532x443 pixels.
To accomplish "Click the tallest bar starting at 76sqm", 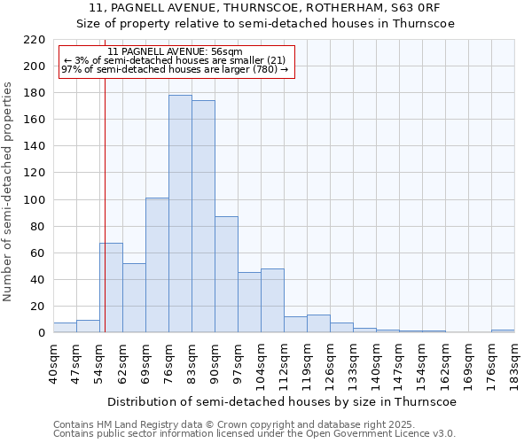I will (x=180, y=214).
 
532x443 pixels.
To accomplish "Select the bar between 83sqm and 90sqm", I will (x=203, y=216).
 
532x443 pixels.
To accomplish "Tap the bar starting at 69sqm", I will (x=157, y=265).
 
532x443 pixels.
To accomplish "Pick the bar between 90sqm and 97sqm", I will (x=226, y=275).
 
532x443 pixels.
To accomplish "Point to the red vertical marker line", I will (x=105, y=204).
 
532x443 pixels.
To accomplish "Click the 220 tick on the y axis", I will (x=35, y=40).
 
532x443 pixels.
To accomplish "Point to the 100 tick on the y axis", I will (x=35, y=200).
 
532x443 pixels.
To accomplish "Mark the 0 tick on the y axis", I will (x=42, y=333).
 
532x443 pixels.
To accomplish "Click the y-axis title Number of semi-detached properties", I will (x=9, y=191).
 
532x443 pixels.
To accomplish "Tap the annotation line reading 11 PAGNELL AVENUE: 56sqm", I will (x=174, y=51).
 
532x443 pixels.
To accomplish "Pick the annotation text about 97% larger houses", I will (x=174, y=69).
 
